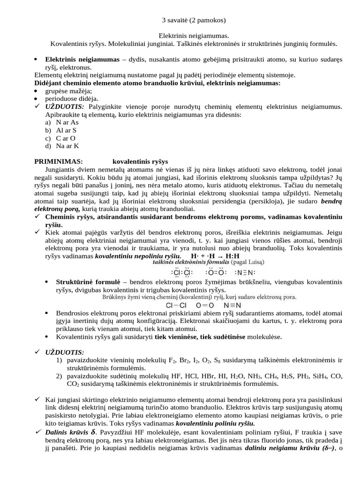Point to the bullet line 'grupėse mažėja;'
coord(68,91)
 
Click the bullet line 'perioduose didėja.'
coord(72,98)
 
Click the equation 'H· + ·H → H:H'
coord(215,256)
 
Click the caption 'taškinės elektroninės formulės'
coord(191,262)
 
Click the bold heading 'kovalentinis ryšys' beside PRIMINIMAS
coord(140,161)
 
